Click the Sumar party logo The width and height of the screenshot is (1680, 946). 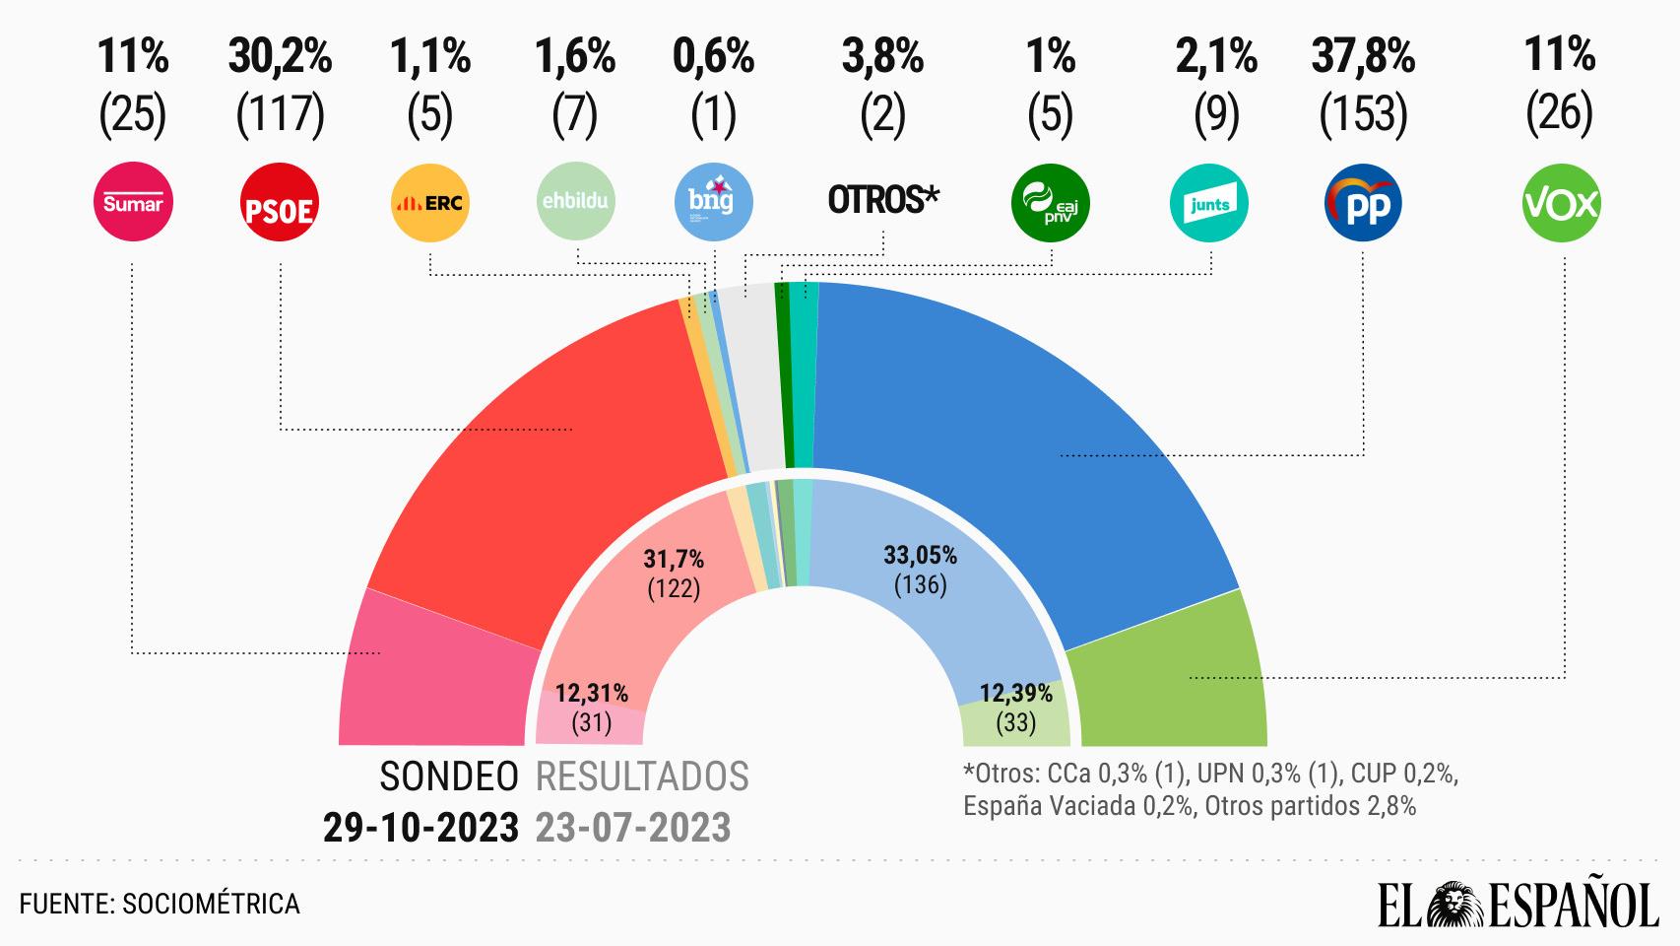(x=132, y=204)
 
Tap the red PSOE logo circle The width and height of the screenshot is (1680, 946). (x=281, y=204)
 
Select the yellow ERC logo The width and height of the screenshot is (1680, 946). (x=430, y=204)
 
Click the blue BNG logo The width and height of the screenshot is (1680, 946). (x=714, y=204)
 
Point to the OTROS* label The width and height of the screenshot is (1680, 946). (x=883, y=200)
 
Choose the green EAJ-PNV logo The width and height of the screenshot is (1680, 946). (x=1051, y=204)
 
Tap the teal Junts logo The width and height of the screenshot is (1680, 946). (x=1209, y=204)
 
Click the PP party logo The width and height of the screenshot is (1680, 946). (x=1363, y=204)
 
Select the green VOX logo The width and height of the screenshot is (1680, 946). (x=1562, y=204)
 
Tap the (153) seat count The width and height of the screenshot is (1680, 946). (x=1363, y=115)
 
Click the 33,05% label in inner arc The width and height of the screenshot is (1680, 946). (x=920, y=555)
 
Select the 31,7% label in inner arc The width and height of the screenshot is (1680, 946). (x=674, y=560)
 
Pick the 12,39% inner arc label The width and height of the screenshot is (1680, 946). (x=1015, y=693)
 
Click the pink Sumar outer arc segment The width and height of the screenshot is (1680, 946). (x=433, y=680)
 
